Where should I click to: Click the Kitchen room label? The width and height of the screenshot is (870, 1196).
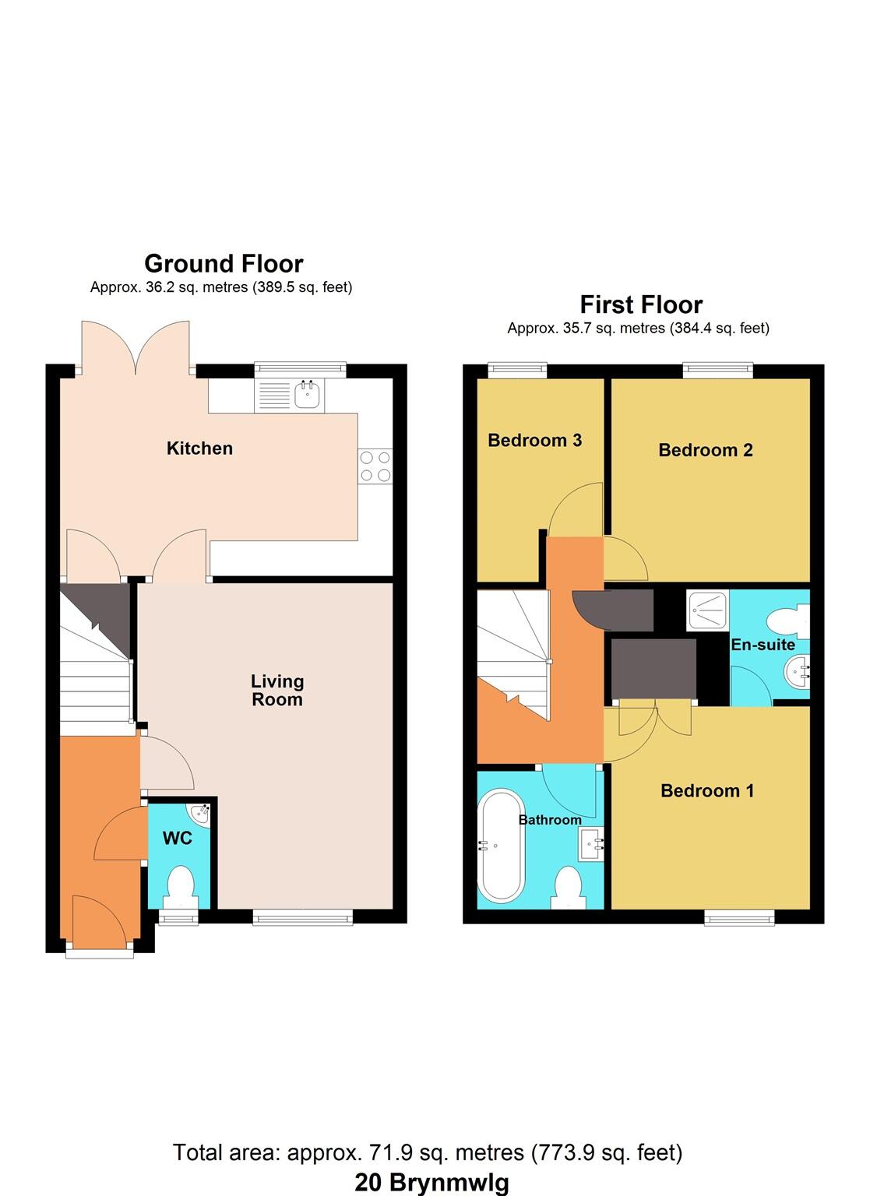(x=199, y=448)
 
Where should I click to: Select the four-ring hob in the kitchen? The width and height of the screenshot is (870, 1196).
(x=375, y=466)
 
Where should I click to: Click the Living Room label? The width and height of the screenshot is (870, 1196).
(x=276, y=691)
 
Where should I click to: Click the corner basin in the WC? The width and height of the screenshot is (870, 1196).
(x=201, y=813)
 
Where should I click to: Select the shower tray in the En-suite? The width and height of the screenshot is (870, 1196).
(x=707, y=610)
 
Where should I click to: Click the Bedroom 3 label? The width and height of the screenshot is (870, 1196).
(x=534, y=441)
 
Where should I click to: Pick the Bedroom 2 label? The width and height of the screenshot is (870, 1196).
(x=705, y=450)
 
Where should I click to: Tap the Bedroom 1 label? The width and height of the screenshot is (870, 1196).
(x=706, y=791)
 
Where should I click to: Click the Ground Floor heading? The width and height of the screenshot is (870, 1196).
(x=224, y=264)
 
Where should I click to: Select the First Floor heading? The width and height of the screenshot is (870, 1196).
(x=641, y=304)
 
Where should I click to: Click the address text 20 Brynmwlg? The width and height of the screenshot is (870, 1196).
(x=431, y=1182)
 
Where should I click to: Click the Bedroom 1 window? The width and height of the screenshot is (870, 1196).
(x=739, y=918)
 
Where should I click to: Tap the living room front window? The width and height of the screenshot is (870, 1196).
(x=303, y=918)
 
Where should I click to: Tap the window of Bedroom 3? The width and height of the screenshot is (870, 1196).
(x=517, y=371)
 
